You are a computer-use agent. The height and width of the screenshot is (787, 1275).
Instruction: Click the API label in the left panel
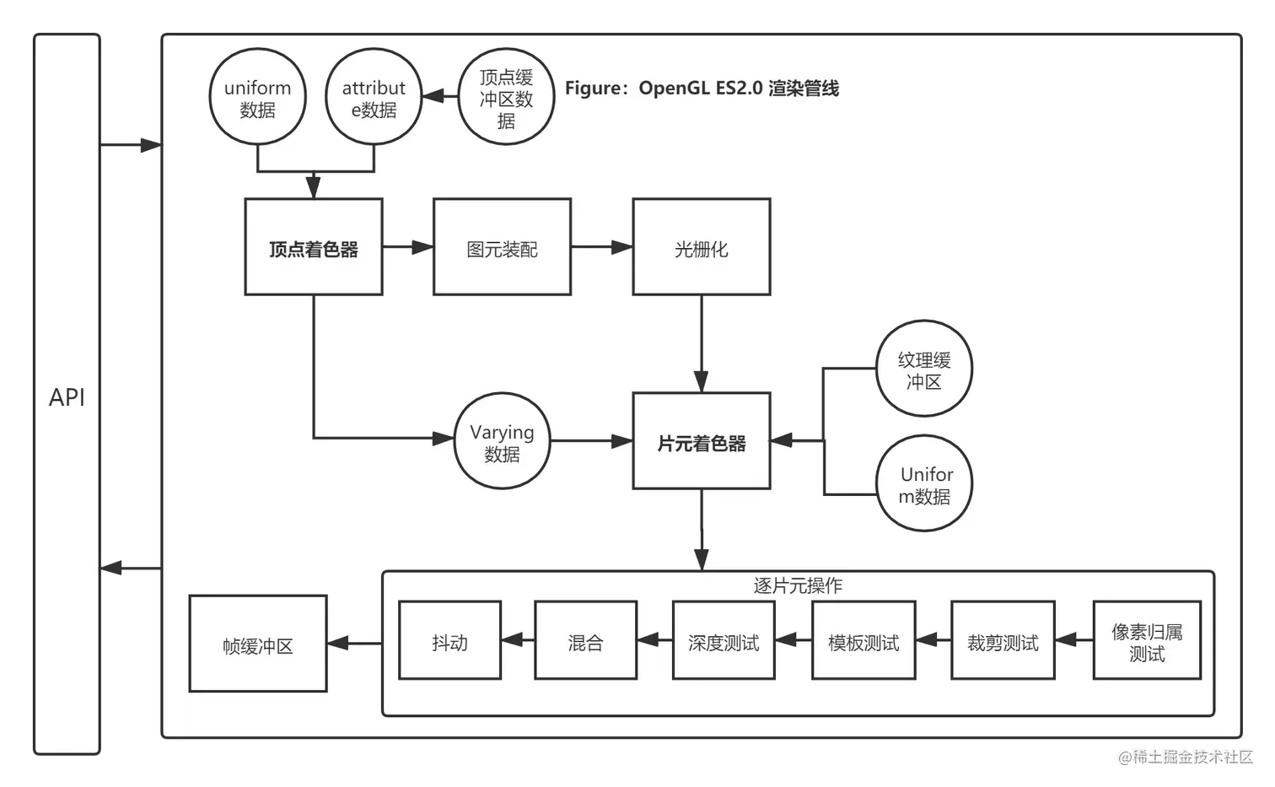click(67, 397)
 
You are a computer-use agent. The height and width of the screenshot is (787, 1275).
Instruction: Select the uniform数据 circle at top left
click(257, 98)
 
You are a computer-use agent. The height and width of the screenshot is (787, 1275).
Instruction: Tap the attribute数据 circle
click(374, 98)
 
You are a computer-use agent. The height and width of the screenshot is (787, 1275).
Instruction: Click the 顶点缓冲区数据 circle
click(506, 98)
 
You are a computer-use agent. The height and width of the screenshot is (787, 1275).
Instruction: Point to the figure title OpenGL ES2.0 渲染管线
click(702, 89)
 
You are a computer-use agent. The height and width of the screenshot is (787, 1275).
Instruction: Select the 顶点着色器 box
click(314, 247)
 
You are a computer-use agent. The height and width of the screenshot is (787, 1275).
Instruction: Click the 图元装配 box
click(502, 247)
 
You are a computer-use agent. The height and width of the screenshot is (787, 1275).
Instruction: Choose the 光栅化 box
click(701, 247)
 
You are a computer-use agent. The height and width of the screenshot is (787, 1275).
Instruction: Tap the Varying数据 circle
click(502, 441)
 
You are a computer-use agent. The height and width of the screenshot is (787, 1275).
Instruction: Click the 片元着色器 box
click(701, 441)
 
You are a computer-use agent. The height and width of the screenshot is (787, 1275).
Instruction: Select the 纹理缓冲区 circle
click(924, 369)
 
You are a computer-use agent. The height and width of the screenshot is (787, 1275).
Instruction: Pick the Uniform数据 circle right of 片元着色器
click(924, 484)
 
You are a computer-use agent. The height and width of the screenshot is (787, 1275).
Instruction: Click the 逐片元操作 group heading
click(798, 585)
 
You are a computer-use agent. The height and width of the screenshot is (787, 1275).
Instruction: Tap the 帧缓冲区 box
click(258, 644)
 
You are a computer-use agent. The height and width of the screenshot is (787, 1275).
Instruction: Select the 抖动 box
click(449, 641)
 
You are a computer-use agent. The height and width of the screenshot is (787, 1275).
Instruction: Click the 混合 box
click(585, 641)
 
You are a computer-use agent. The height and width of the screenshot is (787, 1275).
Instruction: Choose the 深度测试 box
click(724, 641)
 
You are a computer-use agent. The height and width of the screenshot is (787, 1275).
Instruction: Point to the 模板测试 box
click(863, 641)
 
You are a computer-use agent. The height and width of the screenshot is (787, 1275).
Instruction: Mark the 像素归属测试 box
click(1147, 641)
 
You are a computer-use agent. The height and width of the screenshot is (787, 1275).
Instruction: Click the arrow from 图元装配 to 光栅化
click(601, 247)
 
